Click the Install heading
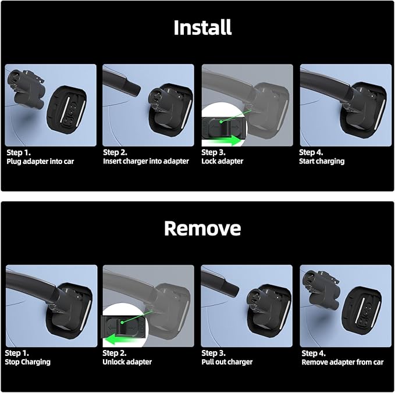(202, 27)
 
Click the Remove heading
(202, 228)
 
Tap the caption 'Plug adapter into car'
(40, 162)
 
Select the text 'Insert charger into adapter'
(146, 161)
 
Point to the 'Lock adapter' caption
(222, 161)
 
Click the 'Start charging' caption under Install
(322, 161)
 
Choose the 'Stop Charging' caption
(28, 362)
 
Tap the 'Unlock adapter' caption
(127, 362)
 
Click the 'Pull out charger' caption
(227, 362)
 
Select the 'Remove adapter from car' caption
(343, 362)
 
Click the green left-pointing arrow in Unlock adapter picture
(123, 340)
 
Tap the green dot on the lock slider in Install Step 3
(221, 122)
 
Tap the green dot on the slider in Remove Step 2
(122, 322)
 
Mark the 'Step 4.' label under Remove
(314, 353)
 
